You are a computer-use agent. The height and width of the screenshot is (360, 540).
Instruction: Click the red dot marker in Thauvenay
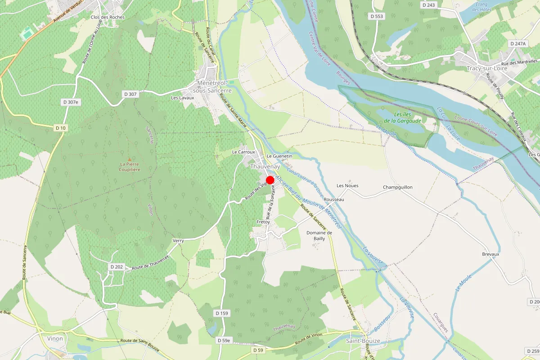click(x=270, y=180)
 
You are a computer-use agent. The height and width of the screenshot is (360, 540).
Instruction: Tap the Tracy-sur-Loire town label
click(x=487, y=68)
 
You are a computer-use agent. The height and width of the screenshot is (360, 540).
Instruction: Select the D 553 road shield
click(x=377, y=16)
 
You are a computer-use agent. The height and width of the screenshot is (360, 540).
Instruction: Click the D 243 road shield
click(x=429, y=5)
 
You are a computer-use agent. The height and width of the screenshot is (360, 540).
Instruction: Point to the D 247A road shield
click(x=518, y=44)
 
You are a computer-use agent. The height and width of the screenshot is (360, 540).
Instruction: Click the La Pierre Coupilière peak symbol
click(x=130, y=159)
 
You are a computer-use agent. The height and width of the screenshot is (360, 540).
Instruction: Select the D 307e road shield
click(x=70, y=103)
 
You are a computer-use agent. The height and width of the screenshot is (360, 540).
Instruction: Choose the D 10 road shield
click(x=61, y=128)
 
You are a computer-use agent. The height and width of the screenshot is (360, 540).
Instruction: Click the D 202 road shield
click(x=117, y=267)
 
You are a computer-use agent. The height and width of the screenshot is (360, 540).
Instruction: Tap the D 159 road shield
click(x=222, y=313)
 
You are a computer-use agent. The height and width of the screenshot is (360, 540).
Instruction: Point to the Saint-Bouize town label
click(x=363, y=341)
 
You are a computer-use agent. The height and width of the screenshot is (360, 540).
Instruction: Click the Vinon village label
click(x=55, y=338)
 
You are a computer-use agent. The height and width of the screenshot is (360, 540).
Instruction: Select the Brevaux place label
click(x=490, y=254)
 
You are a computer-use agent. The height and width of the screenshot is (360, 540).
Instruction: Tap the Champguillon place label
click(x=398, y=187)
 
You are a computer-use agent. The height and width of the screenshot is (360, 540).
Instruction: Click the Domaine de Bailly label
click(x=319, y=235)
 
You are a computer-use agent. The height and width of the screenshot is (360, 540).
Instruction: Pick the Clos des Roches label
click(x=108, y=17)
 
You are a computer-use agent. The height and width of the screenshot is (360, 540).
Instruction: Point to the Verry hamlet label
click(x=178, y=241)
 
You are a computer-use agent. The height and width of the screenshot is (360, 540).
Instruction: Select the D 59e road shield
click(x=224, y=341)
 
